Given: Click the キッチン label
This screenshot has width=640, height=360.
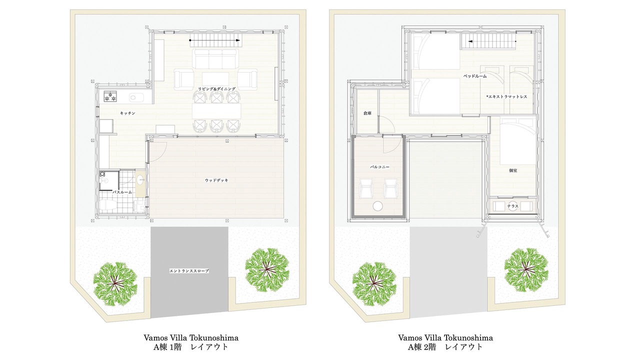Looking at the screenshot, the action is point(127,113).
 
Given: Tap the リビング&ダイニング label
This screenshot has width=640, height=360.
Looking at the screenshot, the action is point(217,89).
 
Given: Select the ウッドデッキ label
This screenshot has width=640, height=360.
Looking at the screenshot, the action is point(216,180).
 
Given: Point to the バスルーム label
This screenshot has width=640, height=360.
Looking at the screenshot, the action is point(122,192).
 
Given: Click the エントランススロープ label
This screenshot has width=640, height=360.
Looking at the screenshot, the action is point(189,271).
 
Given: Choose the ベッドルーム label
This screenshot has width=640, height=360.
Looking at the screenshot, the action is point(475,76).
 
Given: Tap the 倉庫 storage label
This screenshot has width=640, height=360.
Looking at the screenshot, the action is point(367,113).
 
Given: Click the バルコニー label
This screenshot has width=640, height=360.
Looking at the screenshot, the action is point(379,167).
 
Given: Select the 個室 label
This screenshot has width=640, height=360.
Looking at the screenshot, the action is point(513,170).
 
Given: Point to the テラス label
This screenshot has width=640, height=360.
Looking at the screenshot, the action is point(513,206).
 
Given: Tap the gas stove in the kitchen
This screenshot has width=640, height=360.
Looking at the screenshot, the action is point(110,96).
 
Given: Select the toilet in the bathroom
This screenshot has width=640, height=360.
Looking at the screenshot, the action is point(107,205).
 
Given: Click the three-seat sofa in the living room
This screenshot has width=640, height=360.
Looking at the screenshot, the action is point(215,58).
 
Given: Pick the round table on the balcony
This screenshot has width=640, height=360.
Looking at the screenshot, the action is point(378,206).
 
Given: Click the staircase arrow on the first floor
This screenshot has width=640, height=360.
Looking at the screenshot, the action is point(215,40).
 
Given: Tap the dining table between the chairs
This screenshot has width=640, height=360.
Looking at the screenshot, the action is point(216,111).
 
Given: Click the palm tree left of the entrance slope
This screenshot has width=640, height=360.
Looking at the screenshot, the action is point(115,284).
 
